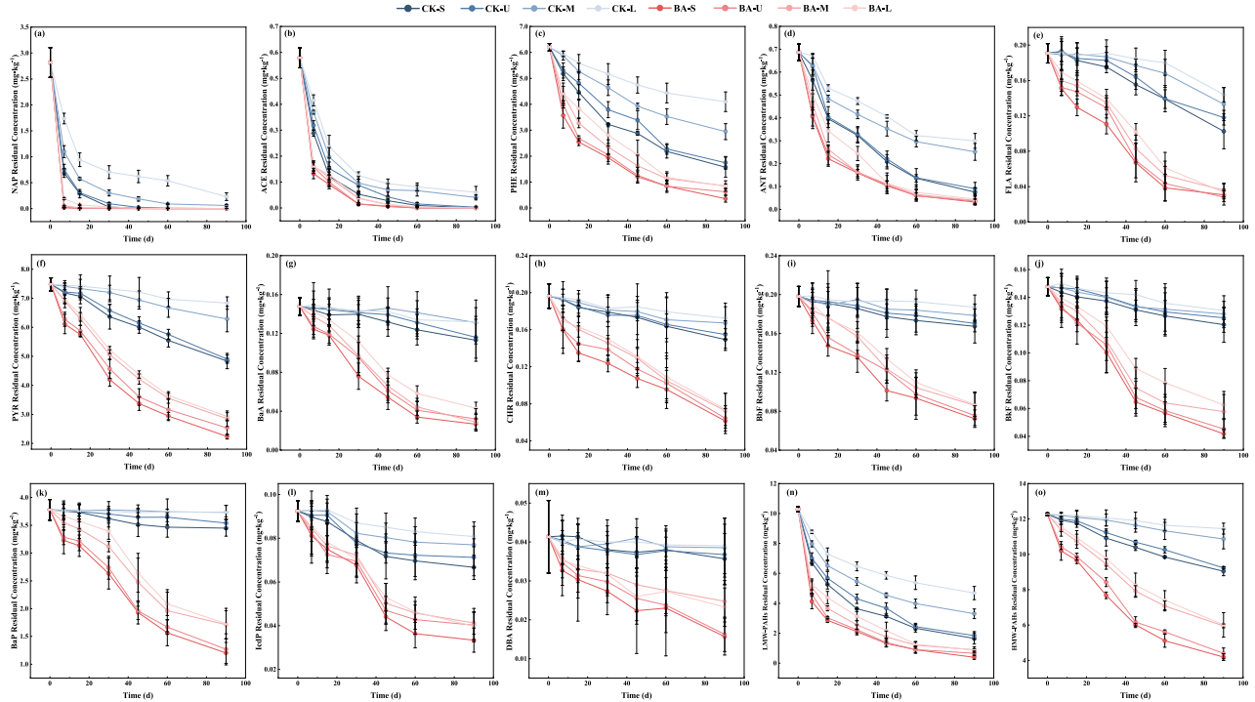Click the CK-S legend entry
coord(423,9)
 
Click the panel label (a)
coord(40,33)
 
